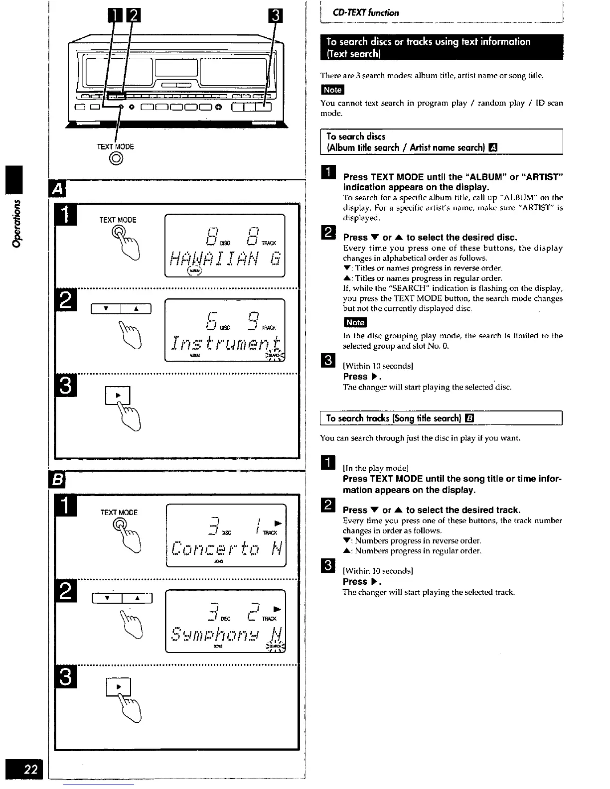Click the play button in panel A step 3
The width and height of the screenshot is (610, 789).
[118, 395]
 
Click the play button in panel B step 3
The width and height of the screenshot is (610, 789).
[119, 687]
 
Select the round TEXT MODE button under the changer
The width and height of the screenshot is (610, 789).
[116, 158]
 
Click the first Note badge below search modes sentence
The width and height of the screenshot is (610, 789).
[332, 90]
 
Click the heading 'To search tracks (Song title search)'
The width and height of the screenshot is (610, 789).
[394, 418]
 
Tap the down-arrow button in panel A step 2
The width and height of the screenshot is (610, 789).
[105, 309]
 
